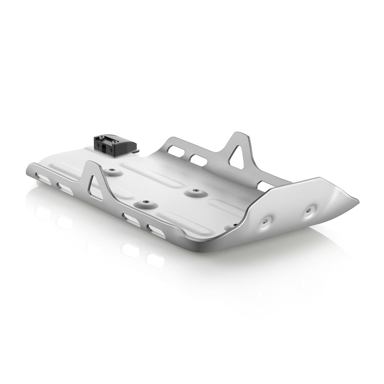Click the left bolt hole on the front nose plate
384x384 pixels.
click(x=264, y=221)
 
